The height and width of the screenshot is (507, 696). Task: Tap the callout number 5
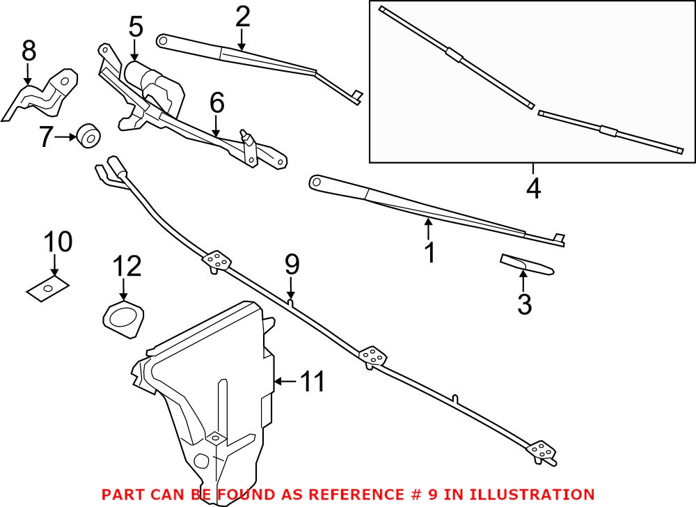135,27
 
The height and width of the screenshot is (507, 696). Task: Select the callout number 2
242,17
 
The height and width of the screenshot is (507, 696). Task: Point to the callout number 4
533,188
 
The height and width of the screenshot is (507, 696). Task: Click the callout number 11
313,381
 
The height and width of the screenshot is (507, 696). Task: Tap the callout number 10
58,242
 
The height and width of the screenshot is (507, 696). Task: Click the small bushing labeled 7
88,135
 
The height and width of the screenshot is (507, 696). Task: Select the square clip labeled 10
48,288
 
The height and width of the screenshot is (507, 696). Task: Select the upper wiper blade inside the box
456,56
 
